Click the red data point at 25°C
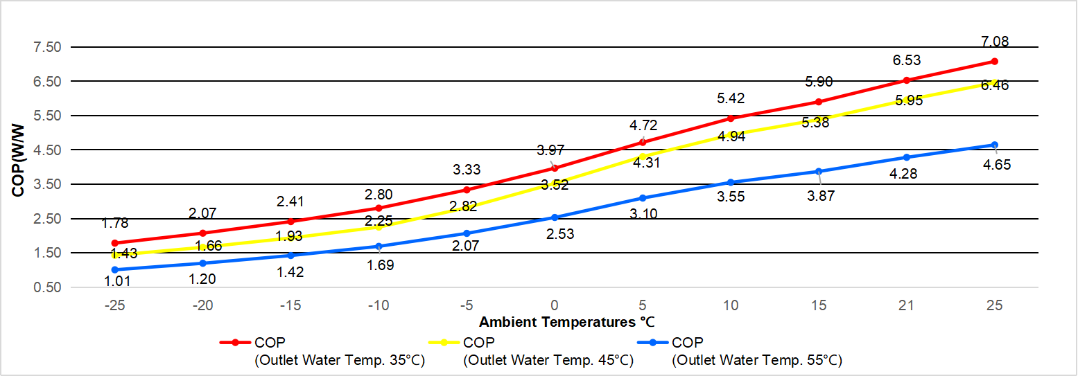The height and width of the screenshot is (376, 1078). point(994,61)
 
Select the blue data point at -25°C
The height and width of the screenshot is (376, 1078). point(114,269)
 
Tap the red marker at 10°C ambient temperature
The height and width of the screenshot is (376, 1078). point(731,118)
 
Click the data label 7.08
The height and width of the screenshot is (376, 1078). point(995,42)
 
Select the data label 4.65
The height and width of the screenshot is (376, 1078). point(996,165)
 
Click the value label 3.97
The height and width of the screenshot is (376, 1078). point(550,150)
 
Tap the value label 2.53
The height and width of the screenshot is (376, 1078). point(560,235)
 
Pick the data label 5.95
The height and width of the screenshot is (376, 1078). point(909,100)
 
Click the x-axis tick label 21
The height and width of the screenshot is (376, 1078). point(906,305)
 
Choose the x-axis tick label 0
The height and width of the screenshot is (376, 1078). point(555,305)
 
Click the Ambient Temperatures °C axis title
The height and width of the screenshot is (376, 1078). point(566,322)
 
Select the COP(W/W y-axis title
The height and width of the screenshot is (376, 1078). point(19,161)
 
